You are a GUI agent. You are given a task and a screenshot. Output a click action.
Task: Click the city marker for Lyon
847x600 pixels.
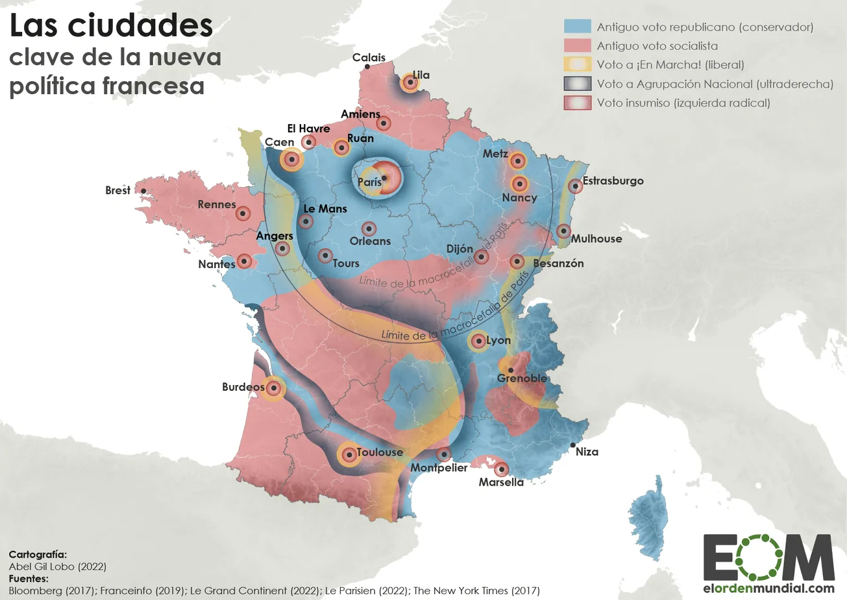(x=478, y=341)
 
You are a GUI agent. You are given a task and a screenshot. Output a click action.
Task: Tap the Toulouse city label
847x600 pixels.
(x=380, y=453)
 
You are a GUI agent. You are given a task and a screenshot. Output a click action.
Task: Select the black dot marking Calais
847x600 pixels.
(x=367, y=67)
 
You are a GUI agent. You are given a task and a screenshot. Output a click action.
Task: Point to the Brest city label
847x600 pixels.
(x=117, y=191)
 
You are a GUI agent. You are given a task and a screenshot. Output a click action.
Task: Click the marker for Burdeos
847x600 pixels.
(x=274, y=388)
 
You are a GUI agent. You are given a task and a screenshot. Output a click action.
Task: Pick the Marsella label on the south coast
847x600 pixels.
(x=500, y=482)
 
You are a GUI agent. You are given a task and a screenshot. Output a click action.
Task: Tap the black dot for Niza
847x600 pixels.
(x=573, y=445)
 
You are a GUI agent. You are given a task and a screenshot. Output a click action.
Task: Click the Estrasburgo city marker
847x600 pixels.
(x=574, y=186)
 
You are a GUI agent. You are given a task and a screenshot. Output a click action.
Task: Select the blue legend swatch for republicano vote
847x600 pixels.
(x=577, y=27)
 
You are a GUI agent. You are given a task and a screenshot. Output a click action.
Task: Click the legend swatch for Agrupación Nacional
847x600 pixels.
(x=577, y=84)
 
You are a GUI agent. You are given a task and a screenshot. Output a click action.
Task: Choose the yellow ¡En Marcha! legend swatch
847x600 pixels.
(x=577, y=65)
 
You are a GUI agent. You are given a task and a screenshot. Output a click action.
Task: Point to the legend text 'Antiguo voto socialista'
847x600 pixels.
(x=657, y=46)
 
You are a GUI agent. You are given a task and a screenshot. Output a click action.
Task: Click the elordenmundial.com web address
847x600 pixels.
(x=768, y=589)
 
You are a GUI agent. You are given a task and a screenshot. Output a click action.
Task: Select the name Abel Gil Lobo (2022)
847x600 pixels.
(x=57, y=566)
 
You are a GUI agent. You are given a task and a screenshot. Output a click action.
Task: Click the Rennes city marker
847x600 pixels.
(x=243, y=213)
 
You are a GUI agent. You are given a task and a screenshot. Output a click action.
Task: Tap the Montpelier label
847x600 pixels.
(x=439, y=468)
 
